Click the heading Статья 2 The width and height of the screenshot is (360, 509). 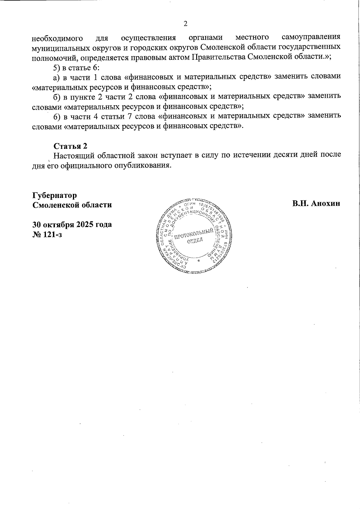click(70, 146)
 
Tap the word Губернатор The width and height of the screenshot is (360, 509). click(54, 195)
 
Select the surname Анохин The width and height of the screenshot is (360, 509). click(325, 203)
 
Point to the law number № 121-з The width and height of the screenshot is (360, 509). click(47, 234)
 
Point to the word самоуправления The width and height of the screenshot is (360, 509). click(311, 37)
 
